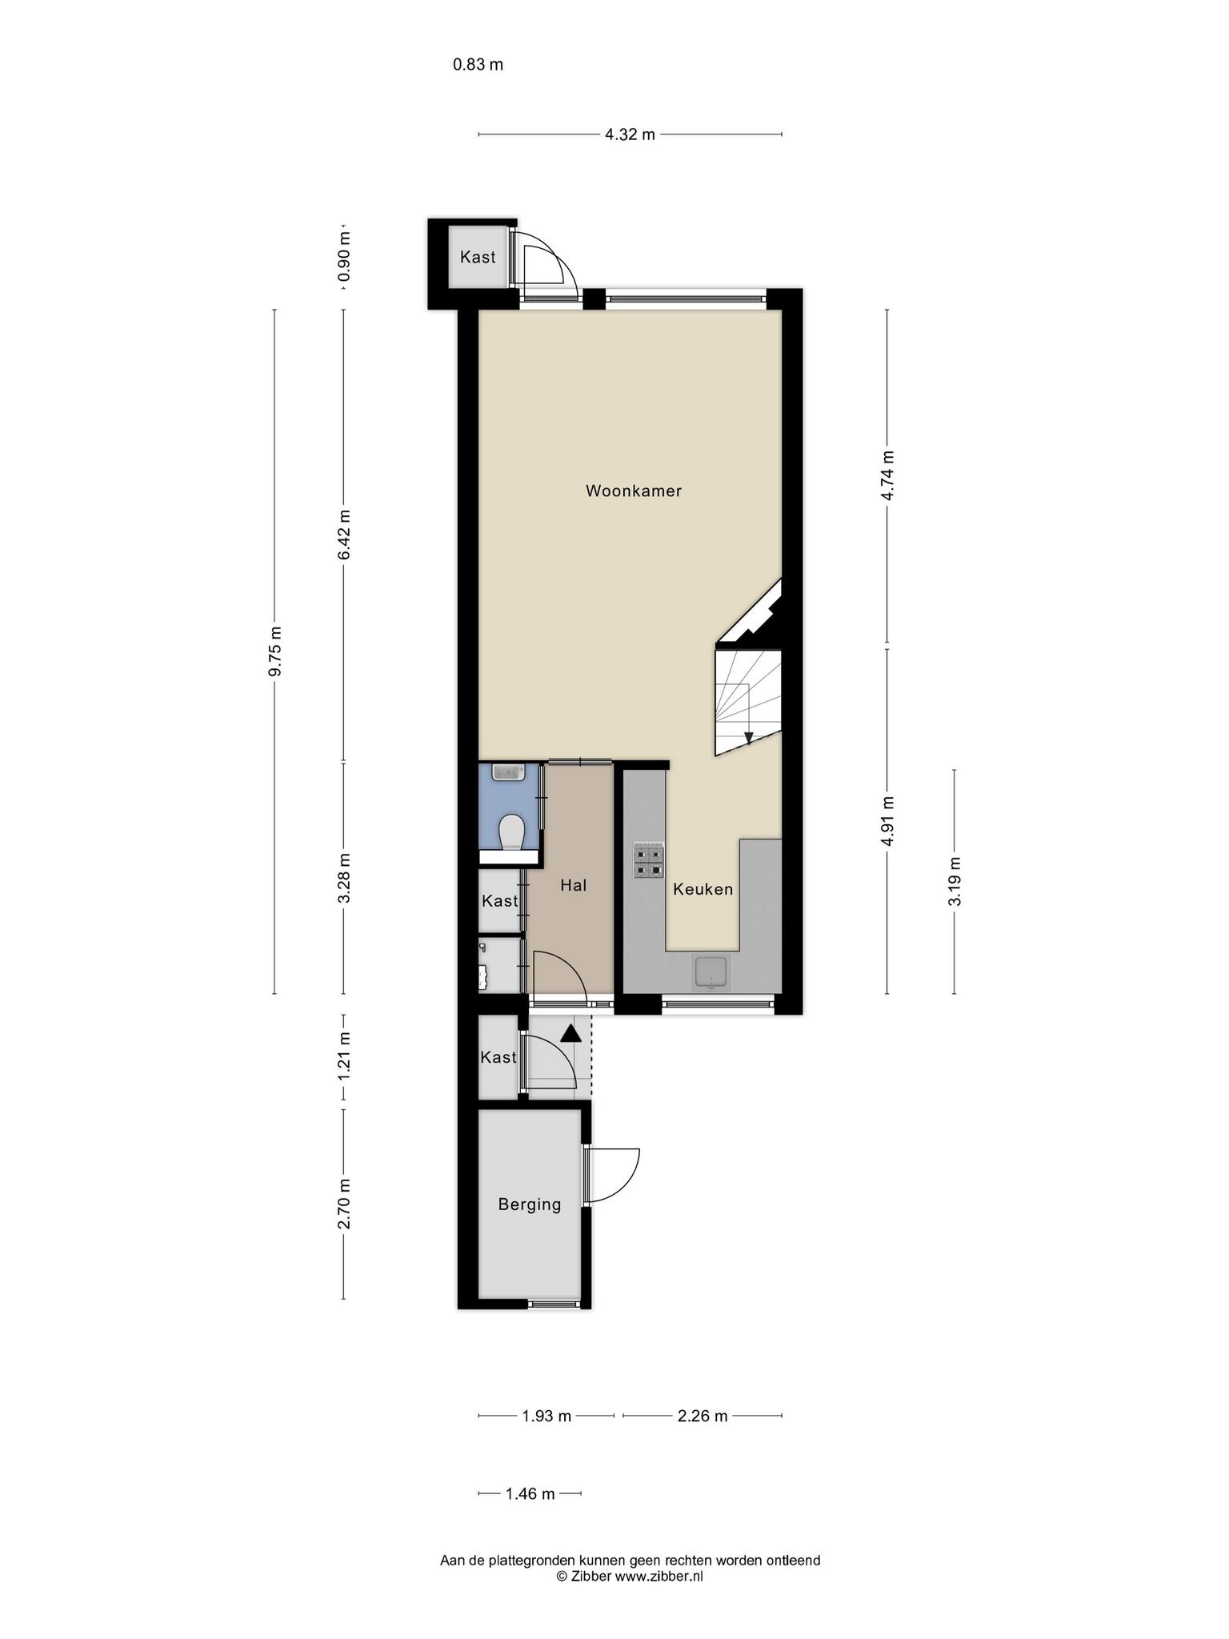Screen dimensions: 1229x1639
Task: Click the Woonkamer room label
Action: coord(634,491)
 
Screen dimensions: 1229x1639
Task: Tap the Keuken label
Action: coord(703,888)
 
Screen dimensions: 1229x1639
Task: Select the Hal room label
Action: coord(574,884)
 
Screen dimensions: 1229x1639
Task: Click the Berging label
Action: coord(529,1204)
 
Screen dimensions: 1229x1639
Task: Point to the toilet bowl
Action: coord(510,832)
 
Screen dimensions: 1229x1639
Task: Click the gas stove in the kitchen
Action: coord(649,860)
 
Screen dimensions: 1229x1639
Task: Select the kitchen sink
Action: coord(711,972)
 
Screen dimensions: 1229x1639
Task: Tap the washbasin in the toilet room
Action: coord(509,772)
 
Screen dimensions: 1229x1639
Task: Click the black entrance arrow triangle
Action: coord(570,1033)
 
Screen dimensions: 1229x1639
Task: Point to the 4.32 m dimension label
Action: coord(630,134)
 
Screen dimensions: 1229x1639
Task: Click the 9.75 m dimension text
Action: coord(274,651)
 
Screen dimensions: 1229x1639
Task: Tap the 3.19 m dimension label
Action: coord(954,881)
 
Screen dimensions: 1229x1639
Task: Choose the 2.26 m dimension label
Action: coord(703,1416)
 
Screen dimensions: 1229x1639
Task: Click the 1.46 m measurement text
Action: coord(530,1493)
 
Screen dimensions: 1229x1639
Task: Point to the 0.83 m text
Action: coord(478,65)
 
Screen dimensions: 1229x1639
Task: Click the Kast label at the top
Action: coord(478,257)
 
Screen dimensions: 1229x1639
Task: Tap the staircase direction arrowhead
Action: coord(747,738)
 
